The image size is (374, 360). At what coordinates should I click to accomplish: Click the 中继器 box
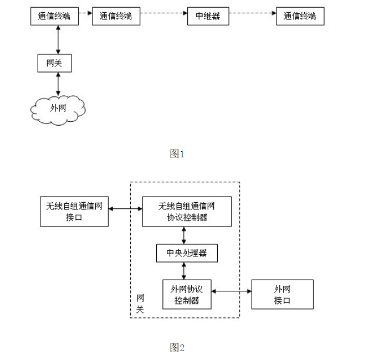click(x=208, y=16)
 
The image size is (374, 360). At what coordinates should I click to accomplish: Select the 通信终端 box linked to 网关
click(x=54, y=16)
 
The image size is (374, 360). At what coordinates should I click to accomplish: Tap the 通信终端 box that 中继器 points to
click(x=300, y=16)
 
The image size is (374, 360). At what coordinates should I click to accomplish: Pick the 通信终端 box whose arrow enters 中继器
click(x=116, y=16)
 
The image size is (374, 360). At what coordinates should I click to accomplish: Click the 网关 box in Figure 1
click(x=54, y=63)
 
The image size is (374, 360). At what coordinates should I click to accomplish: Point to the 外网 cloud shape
click(x=58, y=109)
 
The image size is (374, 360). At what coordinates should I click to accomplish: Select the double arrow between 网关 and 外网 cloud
click(x=58, y=84)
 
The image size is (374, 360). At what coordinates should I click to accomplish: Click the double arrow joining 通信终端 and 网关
click(x=58, y=39)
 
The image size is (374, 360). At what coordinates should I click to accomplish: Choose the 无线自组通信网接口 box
click(x=74, y=211)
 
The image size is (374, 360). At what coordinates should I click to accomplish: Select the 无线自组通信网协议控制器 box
click(x=187, y=211)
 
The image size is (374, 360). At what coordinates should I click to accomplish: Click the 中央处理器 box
click(x=187, y=253)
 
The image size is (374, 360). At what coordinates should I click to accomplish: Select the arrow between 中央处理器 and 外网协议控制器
click(x=184, y=271)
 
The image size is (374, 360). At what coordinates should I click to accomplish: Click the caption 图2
click(x=177, y=347)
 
